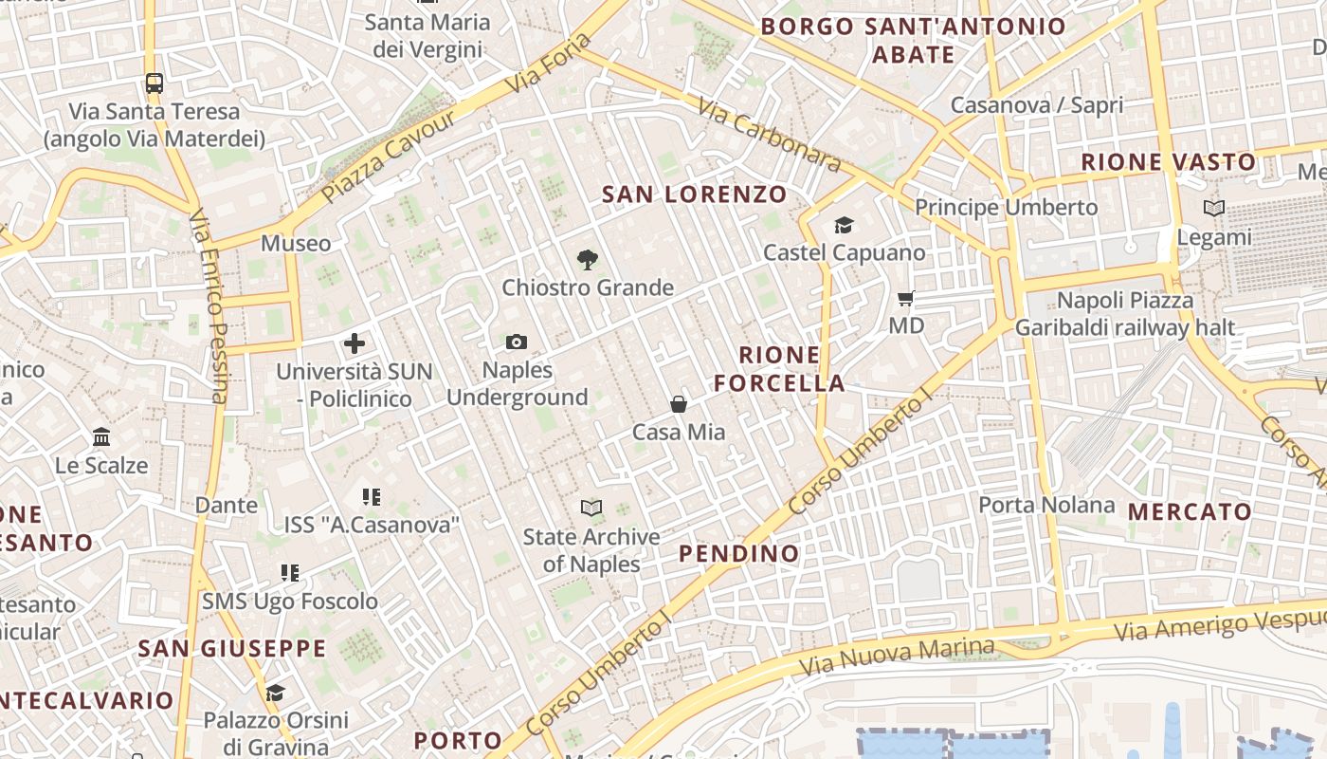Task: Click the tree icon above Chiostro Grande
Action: [x=588, y=259]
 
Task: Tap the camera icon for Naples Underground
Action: [x=517, y=342]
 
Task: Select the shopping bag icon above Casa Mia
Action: [x=679, y=404]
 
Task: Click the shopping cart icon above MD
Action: [x=906, y=299]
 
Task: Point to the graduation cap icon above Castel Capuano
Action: [x=844, y=225]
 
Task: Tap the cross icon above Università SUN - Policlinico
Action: [x=354, y=343]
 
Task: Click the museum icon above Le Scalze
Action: [x=101, y=437]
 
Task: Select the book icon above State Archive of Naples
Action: [x=591, y=509]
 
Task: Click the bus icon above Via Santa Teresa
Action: [x=155, y=83]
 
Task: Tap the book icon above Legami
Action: [x=1213, y=208]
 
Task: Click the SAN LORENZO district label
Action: [x=695, y=194]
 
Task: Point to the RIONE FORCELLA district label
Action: [x=779, y=369]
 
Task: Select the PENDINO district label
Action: [x=739, y=553]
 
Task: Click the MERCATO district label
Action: [x=1190, y=512]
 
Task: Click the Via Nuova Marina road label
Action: [x=898, y=657]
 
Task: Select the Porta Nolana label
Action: [x=1046, y=505]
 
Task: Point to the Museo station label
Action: [x=296, y=244]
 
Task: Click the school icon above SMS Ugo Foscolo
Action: [x=290, y=573]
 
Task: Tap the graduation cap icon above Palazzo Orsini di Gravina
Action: [x=275, y=693]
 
